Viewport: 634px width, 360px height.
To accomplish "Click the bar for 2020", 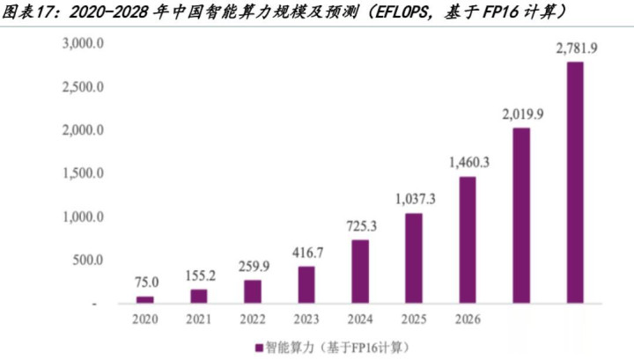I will [x=145, y=299].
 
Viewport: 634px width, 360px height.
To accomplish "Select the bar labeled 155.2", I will [x=199, y=296].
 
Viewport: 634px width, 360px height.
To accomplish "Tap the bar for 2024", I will [x=360, y=271].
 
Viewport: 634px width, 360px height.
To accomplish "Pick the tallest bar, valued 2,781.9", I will [x=574, y=182].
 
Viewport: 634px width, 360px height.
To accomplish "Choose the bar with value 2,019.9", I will [x=521, y=216].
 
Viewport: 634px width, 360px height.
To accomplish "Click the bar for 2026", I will [x=468, y=239].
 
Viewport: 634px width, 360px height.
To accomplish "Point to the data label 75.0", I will [x=145, y=283].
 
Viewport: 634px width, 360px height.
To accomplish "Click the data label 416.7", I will [x=306, y=253].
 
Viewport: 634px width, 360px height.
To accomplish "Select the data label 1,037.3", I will [x=414, y=199].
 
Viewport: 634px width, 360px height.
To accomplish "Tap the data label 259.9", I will [x=253, y=267].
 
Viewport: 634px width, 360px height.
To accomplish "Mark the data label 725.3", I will [x=360, y=226].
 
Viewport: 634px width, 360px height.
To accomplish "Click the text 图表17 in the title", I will [x=30, y=12].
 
